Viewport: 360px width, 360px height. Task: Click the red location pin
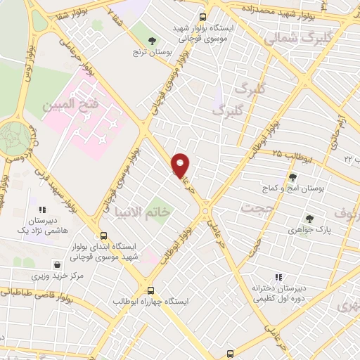pyautogui.click(x=181, y=165)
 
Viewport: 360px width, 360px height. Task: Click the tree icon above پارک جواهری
pyautogui.click(x=309, y=219)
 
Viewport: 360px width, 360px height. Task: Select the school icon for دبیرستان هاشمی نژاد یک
pyautogui.click(x=42, y=209)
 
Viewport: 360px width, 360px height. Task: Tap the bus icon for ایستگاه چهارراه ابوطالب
pyautogui.click(x=150, y=290)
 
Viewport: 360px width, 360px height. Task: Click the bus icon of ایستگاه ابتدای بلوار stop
pyautogui.click(x=104, y=236)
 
